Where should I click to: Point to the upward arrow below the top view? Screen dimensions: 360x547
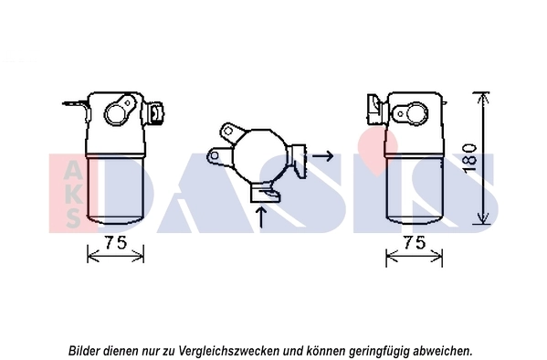pyautogui.click(x=263, y=217)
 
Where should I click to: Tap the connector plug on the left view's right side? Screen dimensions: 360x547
pyautogui.click(x=157, y=114)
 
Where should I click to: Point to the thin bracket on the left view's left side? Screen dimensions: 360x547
pyautogui.click(x=83, y=114)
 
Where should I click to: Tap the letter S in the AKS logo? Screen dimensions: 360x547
pyautogui.click(x=71, y=216)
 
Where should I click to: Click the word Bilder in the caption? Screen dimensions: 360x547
pyautogui.click(x=87, y=350)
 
